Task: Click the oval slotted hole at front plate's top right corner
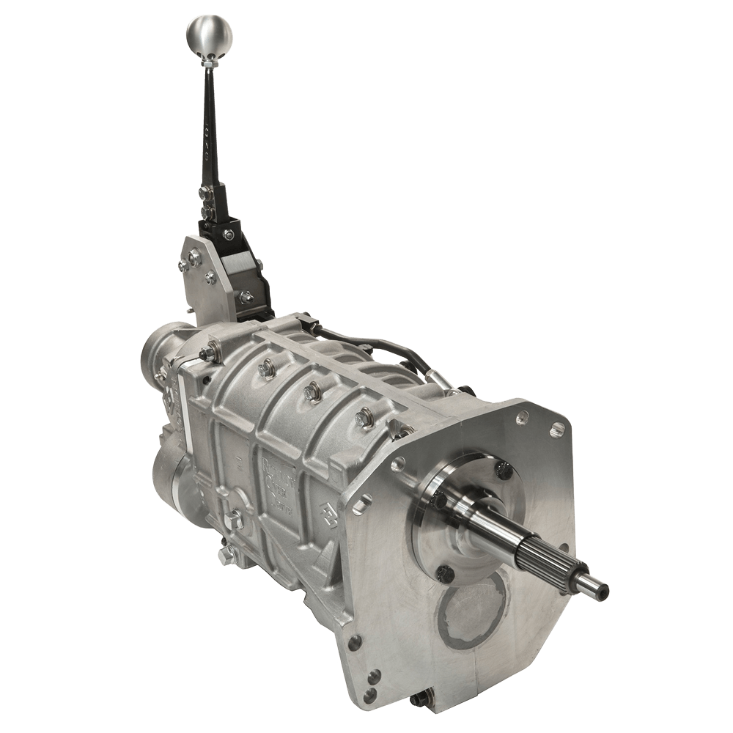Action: tap(556, 429)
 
